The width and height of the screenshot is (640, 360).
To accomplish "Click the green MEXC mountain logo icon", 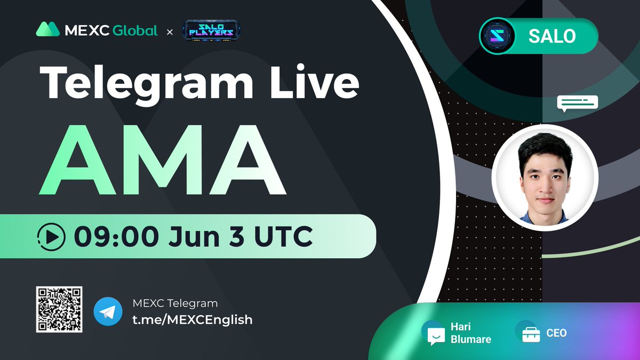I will [x=47, y=29].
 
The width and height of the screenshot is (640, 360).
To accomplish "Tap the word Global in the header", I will [x=135, y=30].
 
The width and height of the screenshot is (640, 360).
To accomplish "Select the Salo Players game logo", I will [x=211, y=31].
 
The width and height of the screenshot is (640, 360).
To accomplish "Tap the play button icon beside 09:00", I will [x=52, y=236].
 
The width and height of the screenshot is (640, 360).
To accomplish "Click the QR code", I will [x=59, y=309].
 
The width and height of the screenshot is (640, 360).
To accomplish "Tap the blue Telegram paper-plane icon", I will [x=108, y=311].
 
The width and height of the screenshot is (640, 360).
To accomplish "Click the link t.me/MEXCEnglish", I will [x=192, y=319].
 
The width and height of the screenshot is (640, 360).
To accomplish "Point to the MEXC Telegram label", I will [x=175, y=303].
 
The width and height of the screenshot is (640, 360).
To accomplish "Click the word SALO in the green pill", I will [x=551, y=36].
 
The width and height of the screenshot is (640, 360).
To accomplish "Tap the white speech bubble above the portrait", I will [x=578, y=103].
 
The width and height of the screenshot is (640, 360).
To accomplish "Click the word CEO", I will [x=556, y=333].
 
